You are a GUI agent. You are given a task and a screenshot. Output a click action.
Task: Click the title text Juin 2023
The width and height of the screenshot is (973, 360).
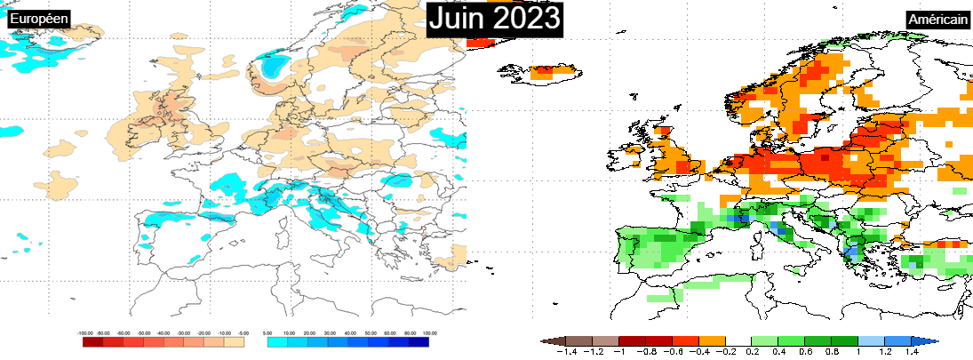click(495, 19)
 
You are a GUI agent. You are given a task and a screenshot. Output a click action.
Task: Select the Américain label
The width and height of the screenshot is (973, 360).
click(937, 20)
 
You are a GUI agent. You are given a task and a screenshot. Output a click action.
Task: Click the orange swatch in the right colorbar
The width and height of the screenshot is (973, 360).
click(713, 341)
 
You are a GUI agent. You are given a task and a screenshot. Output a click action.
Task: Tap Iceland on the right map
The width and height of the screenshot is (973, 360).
click(553, 71)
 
